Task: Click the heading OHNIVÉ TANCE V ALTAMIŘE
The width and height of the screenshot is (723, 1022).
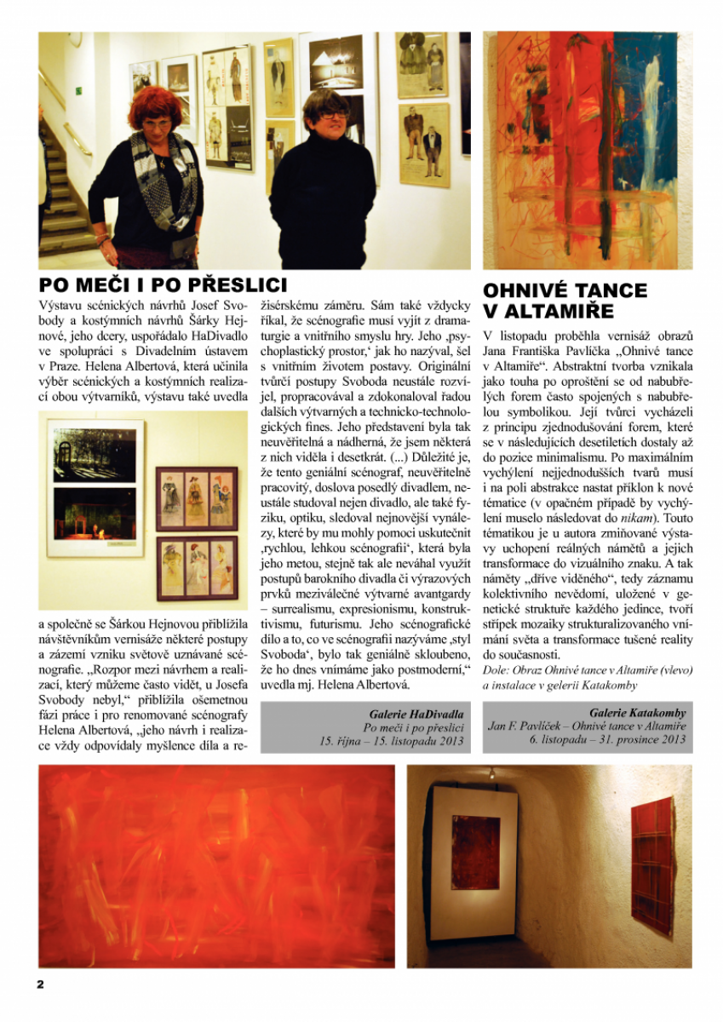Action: (x=565, y=301)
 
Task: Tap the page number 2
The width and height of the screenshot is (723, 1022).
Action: (x=39, y=984)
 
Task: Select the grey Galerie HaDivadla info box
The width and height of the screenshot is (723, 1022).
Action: (x=364, y=726)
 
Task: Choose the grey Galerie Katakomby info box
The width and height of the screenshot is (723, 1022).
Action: (x=588, y=726)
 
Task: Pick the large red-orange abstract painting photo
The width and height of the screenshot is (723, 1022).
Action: (x=216, y=866)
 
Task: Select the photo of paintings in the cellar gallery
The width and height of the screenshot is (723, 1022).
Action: (x=549, y=866)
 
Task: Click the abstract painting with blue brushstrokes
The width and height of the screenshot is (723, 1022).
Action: (x=588, y=151)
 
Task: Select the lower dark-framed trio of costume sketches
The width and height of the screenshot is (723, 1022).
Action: (x=196, y=566)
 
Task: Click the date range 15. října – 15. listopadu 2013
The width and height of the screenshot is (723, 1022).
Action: (x=393, y=742)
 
